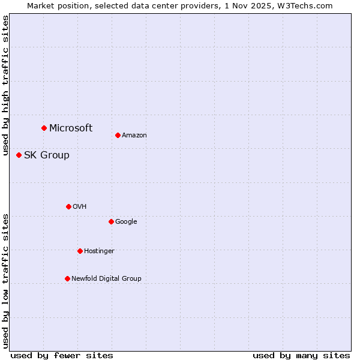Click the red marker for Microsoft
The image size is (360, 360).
pyautogui.click(x=44, y=128)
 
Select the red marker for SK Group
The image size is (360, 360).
pyautogui.click(x=19, y=155)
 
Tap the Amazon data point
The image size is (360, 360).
pyautogui.click(x=118, y=135)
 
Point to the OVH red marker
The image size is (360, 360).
pyautogui.click(x=68, y=206)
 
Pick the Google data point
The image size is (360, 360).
pyautogui.click(x=111, y=221)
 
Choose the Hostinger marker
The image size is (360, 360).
pyautogui.click(x=80, y=251)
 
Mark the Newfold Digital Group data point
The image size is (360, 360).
pyautogui.click(x=67, y=278)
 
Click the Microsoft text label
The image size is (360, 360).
pyautogui.click(x=71, y=128)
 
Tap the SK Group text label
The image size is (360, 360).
pyautogui.click(x=47, y=155)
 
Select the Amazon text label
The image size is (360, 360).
pyautogui.click(x=134, y=136)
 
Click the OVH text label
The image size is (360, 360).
pyautogui.click(x=80, y=207)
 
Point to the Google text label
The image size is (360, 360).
pyautogui.click(x=126, y=222)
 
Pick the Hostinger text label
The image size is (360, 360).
pyautogui.click(x=99, y=251)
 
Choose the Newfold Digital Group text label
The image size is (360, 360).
pyautogui.click(x=106, y=279)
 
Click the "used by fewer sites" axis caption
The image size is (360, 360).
pyautogui.click(x=62, y=355)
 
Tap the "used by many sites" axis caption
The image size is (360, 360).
pyautogui.click(x=301, y=355)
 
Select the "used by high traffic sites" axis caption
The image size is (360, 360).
pyautogui.click(x=5, y=86)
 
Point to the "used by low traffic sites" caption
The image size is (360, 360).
pyautogui.click(x=5, y=280)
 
